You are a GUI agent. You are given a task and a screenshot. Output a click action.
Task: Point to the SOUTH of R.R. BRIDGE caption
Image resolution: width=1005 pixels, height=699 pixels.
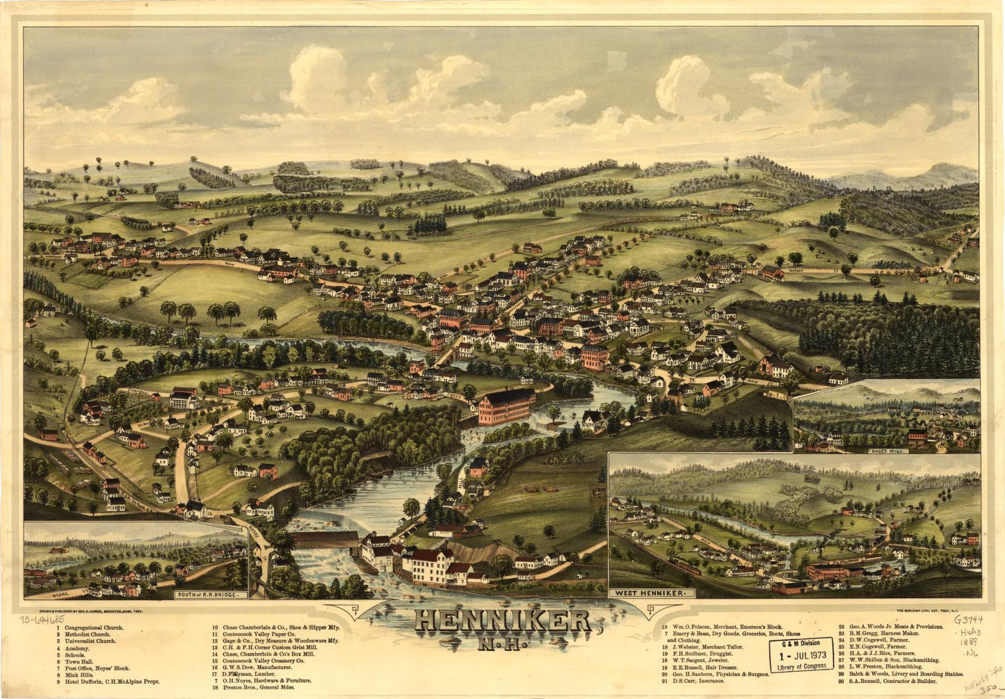pyautogui.click(x=211, y=595)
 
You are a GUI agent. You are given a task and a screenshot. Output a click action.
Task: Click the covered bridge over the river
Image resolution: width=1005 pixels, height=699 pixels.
pyautogui.click(x=323, y=540)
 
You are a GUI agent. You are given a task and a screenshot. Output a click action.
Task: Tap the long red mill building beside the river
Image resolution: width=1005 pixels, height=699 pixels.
pyautogui.click(x=506, y=406)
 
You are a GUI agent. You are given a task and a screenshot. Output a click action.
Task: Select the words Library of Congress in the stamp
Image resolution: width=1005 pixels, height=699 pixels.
pyautogui.click(x=801, y=666)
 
